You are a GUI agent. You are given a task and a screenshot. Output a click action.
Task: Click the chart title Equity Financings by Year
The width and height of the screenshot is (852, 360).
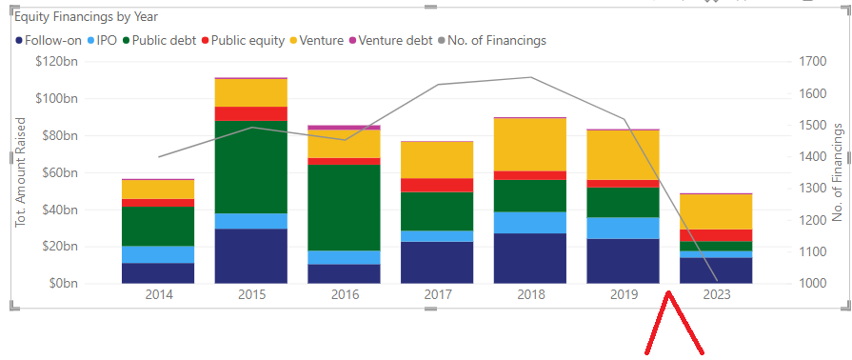pos(86,17)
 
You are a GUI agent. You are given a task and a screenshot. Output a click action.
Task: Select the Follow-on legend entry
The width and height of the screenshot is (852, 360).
pos(48,40)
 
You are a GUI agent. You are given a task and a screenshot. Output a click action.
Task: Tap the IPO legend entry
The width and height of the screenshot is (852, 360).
pos(102,40)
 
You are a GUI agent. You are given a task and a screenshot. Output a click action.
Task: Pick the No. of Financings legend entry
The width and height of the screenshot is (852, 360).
pos(495,40)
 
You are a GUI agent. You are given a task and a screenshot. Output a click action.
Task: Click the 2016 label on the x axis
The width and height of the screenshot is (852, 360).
pos(345,294)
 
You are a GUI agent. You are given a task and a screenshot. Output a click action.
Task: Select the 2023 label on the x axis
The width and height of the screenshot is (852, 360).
pos(717,294)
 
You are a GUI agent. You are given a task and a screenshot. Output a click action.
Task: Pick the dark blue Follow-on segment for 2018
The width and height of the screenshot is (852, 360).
pos(530,258)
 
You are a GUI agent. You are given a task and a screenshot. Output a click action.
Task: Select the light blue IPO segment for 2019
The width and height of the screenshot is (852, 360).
pos(624,228)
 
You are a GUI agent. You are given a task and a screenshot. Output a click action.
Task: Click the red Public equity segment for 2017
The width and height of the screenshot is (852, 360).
pos(437,185)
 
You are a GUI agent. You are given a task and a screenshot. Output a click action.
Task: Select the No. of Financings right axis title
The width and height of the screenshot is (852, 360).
pos(839,172)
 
